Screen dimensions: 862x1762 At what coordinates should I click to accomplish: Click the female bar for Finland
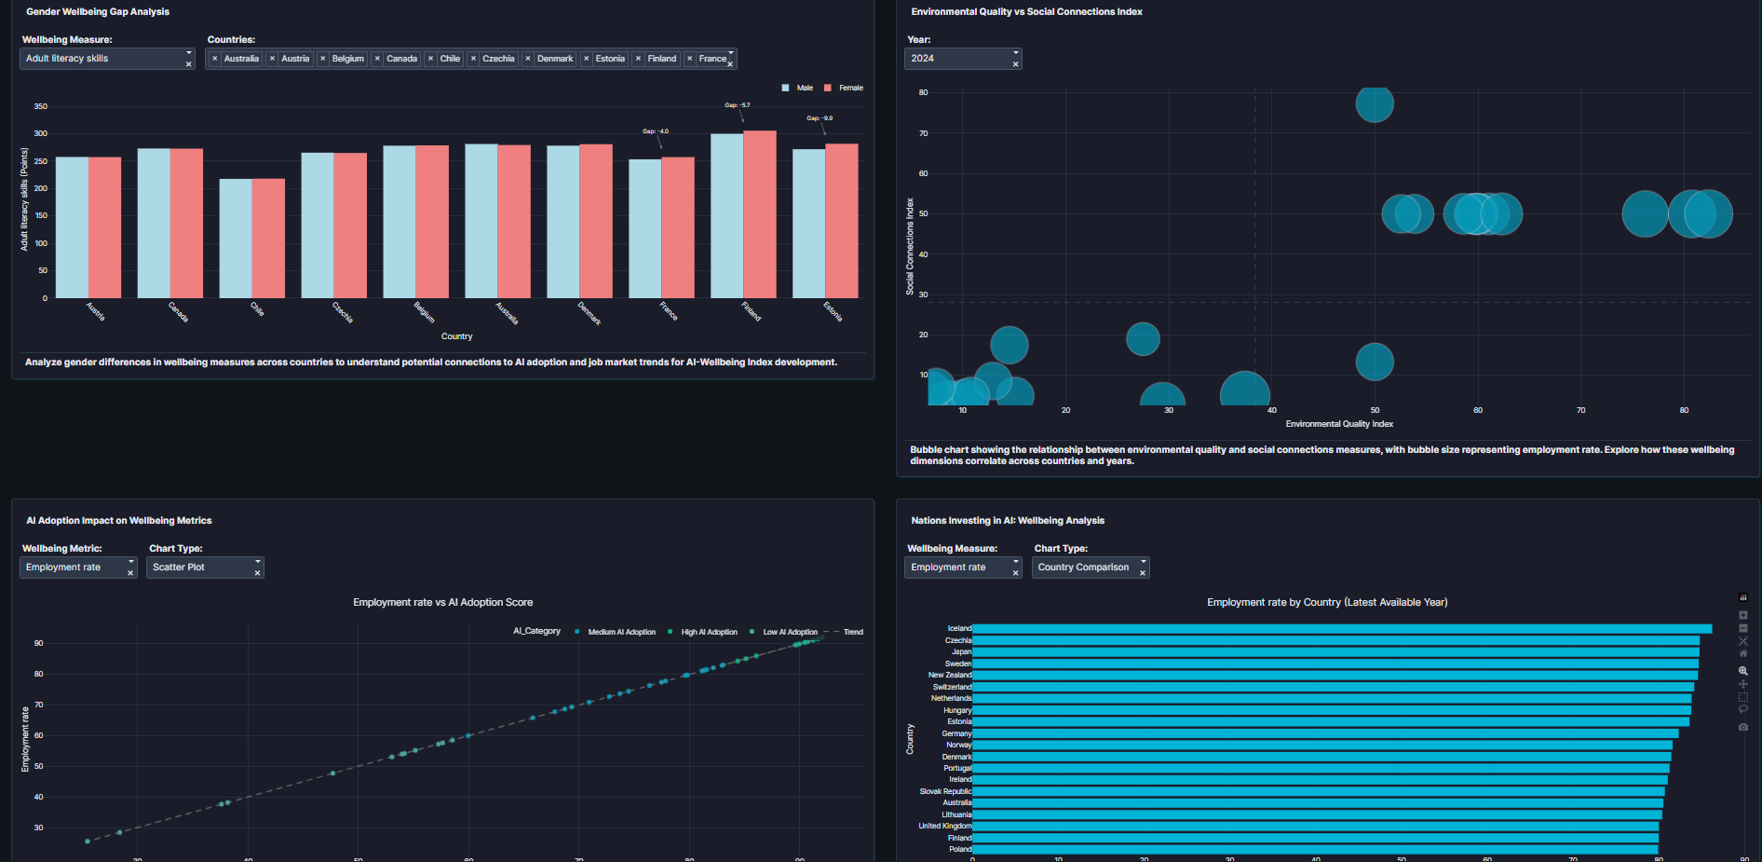(760, 214)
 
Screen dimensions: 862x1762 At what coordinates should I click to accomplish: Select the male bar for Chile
(236, 239)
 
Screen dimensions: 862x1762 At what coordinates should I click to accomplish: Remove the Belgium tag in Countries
(323, 59)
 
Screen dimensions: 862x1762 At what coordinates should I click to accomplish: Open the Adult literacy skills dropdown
(106, 59)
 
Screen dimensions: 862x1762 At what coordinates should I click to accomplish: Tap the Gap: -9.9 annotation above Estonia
(820, 118)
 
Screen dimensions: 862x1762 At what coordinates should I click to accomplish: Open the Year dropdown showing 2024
(962, 59)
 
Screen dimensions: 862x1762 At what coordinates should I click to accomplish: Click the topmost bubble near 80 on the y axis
(1375, 103)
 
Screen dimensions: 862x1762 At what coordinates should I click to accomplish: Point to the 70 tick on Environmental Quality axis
(1580, 410)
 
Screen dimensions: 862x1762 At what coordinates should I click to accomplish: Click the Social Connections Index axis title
(910, 246)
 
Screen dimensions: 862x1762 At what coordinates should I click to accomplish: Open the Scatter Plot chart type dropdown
(204, 568)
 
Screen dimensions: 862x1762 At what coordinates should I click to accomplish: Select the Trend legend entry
(852, 632)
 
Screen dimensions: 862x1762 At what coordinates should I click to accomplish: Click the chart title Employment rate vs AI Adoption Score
(442, 602)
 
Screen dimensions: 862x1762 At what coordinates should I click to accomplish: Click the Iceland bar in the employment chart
(1341, 629)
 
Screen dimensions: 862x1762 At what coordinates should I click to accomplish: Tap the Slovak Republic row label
(945, 791)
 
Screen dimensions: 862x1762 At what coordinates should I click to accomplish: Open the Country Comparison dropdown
(1090, 568)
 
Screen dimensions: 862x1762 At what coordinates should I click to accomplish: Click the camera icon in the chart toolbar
(1743, 727)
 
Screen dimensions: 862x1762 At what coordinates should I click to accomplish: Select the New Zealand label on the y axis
(949, 675)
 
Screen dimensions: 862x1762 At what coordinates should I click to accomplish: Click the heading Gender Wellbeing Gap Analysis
(98, 12)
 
